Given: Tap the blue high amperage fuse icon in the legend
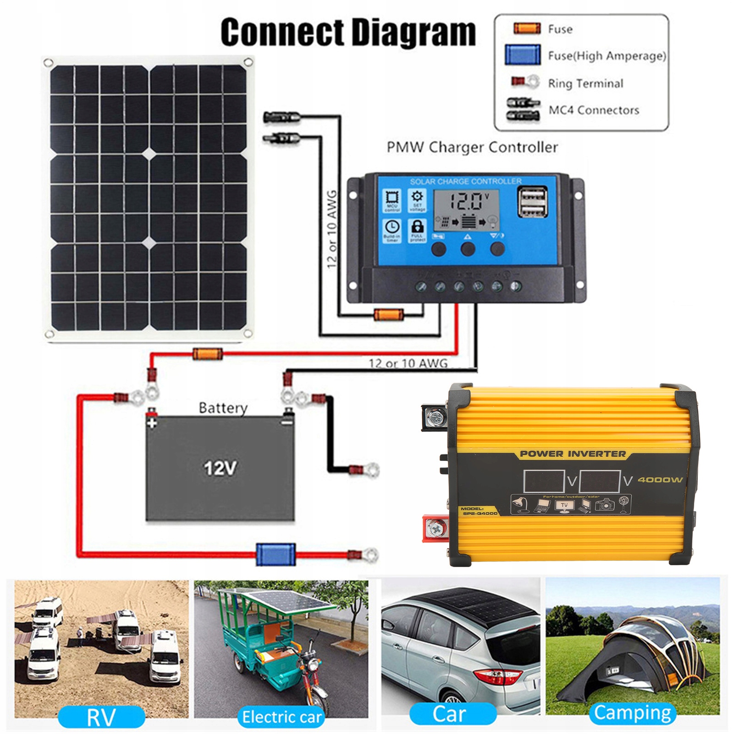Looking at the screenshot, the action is pyautogui.click(x=522, y=55).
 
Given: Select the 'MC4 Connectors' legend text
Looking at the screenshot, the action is pyautogui.click(x=594, y=110).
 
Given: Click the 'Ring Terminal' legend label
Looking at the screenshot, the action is pyautogui.click(x=585, y=83).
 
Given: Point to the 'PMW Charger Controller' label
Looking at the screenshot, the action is pyautogui.click(x=472, y=147).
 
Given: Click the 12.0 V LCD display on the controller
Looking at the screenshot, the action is pyautogui.click(x=466, y=202).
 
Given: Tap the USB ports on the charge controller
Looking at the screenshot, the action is pyautogui.click(x=532, y=202).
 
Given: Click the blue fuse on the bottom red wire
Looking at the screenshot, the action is pyautogui.click(x=275, y=554).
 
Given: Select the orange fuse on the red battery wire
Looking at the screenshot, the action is pyautogui.click(x=207, y=353).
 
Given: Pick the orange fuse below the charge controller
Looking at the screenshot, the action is pyautogui.click(x=388, y=315).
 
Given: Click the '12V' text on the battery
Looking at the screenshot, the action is pyautogui.click(x=220, y=468).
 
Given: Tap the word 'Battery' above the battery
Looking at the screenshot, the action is pyautogui.click(x=223, y=408).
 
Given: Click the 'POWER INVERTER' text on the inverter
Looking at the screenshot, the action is pyautogui.click(x=573, y=454).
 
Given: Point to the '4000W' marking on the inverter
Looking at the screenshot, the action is pyautogui.click(x=660, y=480).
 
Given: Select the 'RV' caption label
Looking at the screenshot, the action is pyautogui.click(x=101, y=717).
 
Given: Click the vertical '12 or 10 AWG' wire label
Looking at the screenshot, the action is pyautogui.click(x=331, y=229).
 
